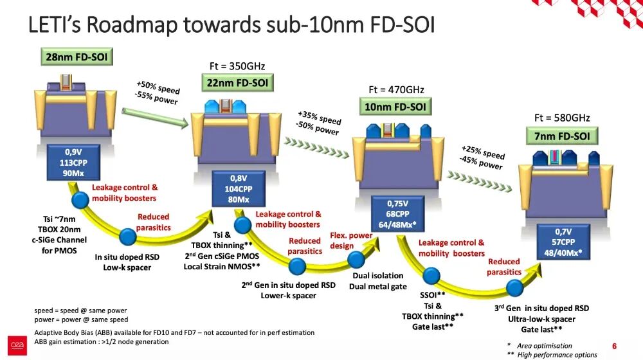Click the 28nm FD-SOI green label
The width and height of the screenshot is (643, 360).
tap(77, 57)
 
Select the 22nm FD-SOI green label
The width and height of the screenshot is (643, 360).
tap(237, 82)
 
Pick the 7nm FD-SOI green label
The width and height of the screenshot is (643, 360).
tap(561, 136)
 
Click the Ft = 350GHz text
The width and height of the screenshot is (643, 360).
tap(237, 66)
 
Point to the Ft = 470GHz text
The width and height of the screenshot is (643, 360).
tap(396, 90)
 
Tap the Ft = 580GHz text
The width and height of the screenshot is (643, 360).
tap(561, 118)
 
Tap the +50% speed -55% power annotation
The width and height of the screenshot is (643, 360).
tap(157, 93)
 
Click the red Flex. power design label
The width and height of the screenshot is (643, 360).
tap(351, 240)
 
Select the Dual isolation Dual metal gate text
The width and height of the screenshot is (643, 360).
tap(378, 281)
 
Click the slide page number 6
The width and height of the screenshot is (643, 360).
tap(614, 346)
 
